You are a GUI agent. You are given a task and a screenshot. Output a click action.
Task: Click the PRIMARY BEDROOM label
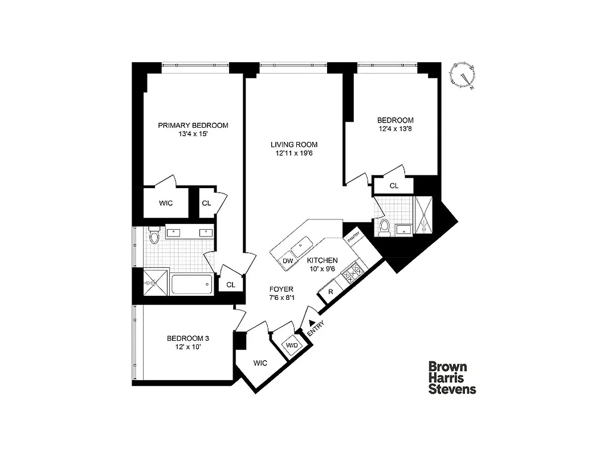[x=193, y=125]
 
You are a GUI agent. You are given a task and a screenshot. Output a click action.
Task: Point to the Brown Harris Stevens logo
[x=452, y=378]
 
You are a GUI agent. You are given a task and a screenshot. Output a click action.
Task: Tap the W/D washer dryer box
[x=292, y=345]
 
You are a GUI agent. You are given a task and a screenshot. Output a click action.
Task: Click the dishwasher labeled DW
[x=288, y=261]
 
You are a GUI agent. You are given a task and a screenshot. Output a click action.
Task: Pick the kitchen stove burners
[x=352, y=271]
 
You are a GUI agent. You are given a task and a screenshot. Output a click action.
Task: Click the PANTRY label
[x=353, y=234]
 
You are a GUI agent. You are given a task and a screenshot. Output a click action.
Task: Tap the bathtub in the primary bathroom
[x=191, y=284]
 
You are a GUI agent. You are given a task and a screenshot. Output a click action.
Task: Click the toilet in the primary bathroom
[x=153, y=235]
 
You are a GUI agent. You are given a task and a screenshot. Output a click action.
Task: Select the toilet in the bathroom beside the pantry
[x=385, y=226]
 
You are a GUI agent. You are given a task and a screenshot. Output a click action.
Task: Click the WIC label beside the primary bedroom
[x=165, y=203]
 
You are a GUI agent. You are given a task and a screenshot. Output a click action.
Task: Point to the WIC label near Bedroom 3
[x=260, y=363]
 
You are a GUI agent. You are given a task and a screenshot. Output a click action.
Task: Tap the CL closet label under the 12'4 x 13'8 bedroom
[x=394, y=186]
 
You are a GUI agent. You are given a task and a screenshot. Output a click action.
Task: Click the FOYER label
[x=281, y=289]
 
